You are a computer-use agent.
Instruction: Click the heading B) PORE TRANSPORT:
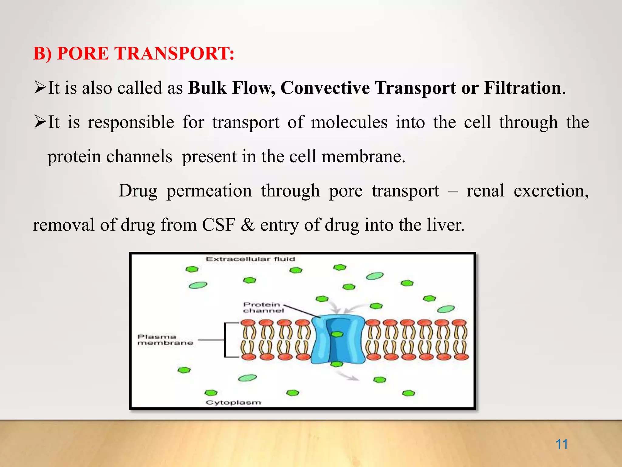pyautogui.click(x=134, y=54)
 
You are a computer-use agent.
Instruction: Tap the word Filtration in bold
pyautogui.click(x=522, y=88)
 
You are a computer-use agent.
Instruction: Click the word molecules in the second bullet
pyautogui.click(x=349, y=123)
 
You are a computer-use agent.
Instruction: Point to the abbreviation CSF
pyautogui.click(x=219, y=225)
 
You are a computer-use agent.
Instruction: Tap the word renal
pyautogui.click(x=485, y=191)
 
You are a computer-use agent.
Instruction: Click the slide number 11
pyautogui.click(x=562, y=444)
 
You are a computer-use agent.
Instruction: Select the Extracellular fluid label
pyautogui.click(x=250, y=259)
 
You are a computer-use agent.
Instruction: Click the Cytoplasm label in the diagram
pyautogui.click(x=233, y=403)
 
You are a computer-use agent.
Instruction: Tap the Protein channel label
pyautogui.click(x=263, y=307)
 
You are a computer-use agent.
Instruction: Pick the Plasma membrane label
pyautogui.click(x=165, y=340)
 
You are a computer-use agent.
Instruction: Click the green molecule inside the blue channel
pyautogui.click(x=337, y=334)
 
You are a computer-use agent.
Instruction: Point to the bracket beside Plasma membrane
pyautogui.click(x=225, y=340)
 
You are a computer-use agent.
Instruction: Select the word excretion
pyautogui.click(x=551, y=191)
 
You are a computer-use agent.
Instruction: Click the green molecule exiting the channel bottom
pyautogui.click(x=337, y=364)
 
